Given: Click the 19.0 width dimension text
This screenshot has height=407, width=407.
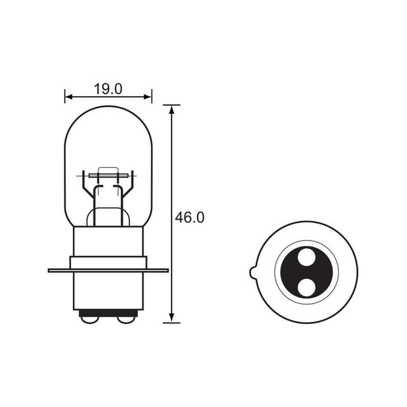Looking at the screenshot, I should pos(108,89).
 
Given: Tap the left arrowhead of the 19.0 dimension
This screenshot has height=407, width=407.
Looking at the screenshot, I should pos(67,96).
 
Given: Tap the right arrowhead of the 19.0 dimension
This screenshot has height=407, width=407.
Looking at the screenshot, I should pos(149,96).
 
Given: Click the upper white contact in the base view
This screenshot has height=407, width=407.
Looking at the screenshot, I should pos(306,258).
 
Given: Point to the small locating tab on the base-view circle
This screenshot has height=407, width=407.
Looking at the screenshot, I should pos(251,272).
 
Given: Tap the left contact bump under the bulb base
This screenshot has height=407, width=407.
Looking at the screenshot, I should pos(86,319).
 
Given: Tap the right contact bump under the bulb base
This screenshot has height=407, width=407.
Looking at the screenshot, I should pos(125,319).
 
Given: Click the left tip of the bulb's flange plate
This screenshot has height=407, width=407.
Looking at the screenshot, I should pos(50,270).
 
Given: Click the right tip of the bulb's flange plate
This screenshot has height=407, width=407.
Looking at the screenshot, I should pos(167,270).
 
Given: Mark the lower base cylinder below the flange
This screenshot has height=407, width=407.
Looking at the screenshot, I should pos(108,291).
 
